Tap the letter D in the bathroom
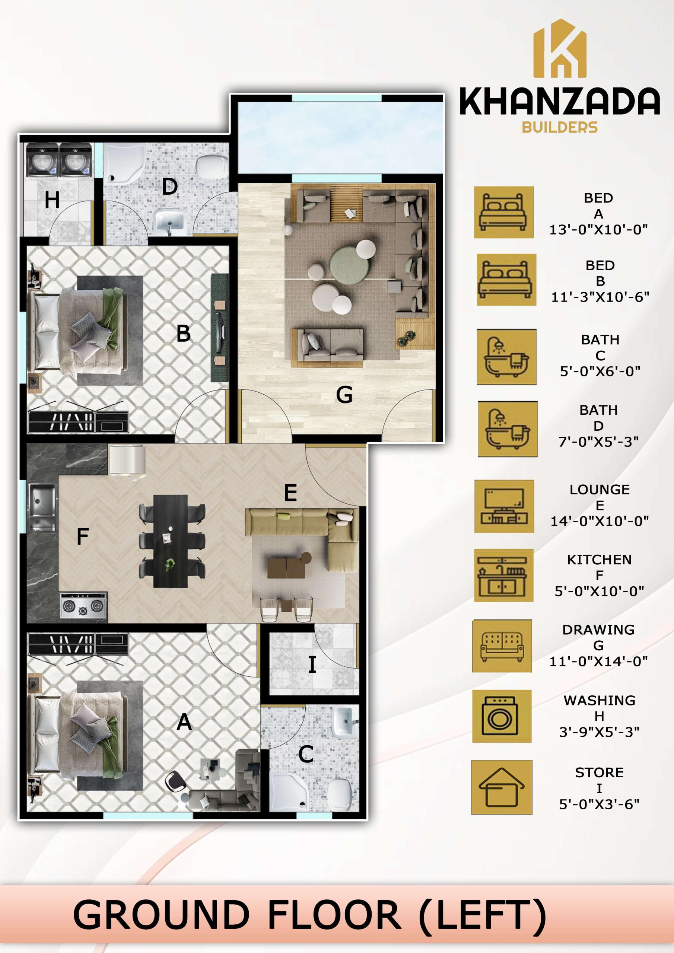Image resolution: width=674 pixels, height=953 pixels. (x=170, y=187)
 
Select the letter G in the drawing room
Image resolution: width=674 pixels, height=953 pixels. (x=344, y=394)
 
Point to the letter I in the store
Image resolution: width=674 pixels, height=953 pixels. (x=312, y=664)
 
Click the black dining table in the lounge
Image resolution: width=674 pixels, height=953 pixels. (x=170, y=541)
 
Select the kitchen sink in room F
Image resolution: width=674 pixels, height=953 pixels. (x=42, y=507)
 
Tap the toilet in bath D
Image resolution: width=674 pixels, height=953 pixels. (x=212, y=166)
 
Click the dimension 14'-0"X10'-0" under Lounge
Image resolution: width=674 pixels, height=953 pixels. (x=599, y=521)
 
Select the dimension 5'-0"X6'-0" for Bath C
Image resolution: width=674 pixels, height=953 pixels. (x=600, y=371)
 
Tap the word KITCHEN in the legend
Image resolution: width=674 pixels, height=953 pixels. (x=599, y=560)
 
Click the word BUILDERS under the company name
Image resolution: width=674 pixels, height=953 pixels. (x=559, y=127)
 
